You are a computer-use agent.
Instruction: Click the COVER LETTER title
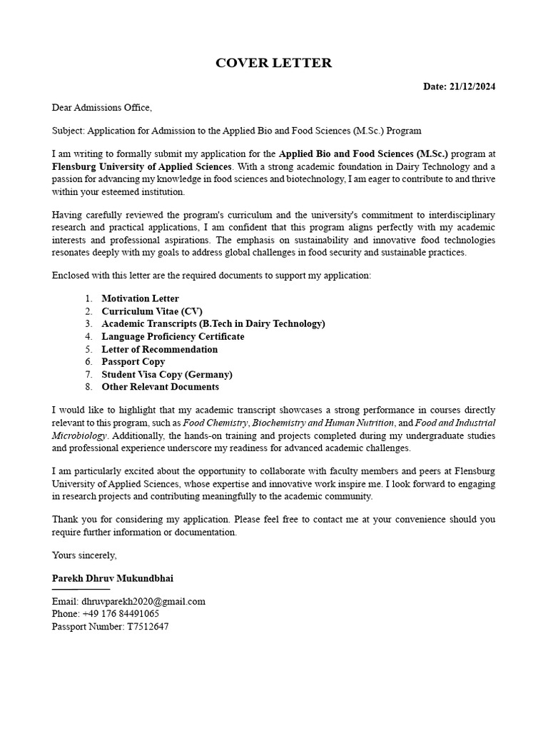pos(273,63)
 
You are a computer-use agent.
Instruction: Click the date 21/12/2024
pos(472,86)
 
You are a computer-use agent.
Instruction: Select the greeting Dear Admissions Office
pos(102,108)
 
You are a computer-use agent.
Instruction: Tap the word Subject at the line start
pos(67,131)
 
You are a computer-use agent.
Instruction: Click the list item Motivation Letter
pos(140,298)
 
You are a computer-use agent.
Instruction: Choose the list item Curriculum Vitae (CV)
pos(152,311)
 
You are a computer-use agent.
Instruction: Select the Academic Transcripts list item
pos(213,324)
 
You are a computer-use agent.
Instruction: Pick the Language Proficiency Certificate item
pos(173,336)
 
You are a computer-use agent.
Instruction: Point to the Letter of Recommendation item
pos(159,349)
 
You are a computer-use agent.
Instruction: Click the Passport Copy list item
pos(133,362)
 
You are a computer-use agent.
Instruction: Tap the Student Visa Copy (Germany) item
pos(167,374)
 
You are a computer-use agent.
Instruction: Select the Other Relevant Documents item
pos(160,387)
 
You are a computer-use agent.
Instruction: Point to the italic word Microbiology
pos(79,435)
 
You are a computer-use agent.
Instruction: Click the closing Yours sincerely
pos(84,555)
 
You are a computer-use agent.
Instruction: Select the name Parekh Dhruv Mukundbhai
pos(112,578)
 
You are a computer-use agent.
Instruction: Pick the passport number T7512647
pos(146,627)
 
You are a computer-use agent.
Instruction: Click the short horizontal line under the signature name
pos(81,590)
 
